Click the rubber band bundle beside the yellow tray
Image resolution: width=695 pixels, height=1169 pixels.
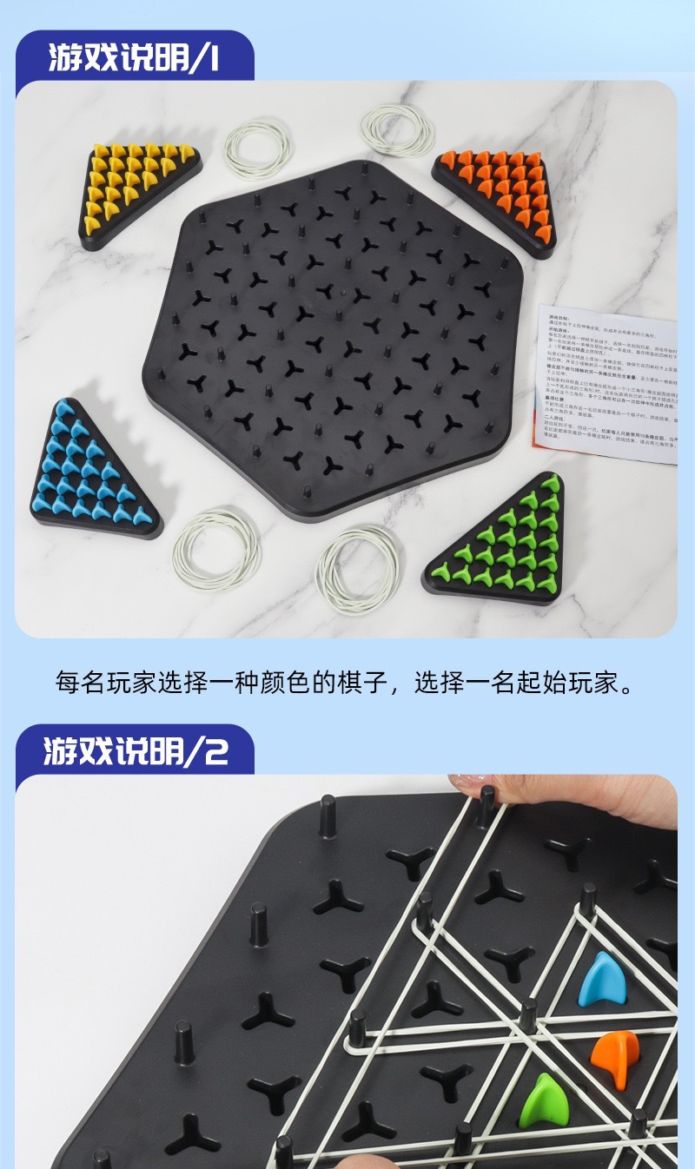[258, 147]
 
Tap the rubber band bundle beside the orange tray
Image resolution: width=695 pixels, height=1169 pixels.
[397, 129]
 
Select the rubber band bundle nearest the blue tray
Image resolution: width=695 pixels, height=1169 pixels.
[216, 550]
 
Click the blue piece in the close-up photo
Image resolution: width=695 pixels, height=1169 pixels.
[602, 979]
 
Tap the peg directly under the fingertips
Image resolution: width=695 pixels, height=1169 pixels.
[486, 808]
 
